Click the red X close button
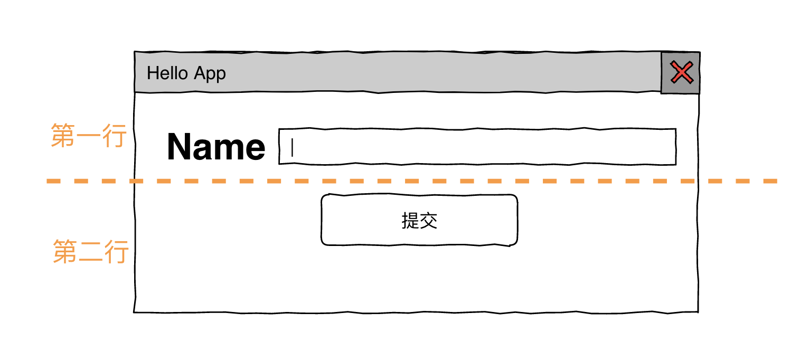(x=681, y=72)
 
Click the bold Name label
(x=215, y=147)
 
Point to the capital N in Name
(x=180, y=147)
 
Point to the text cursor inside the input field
(x=292, y=147)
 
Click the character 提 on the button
(x=410, y=220)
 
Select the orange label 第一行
(x=89, y=136)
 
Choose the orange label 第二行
(x=91, y=251)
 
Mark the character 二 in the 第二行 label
(x=91, y=252)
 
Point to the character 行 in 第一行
(x=115, y=136)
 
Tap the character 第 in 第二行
(x=65, y=251)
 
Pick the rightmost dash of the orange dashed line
(x=770, y=181)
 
